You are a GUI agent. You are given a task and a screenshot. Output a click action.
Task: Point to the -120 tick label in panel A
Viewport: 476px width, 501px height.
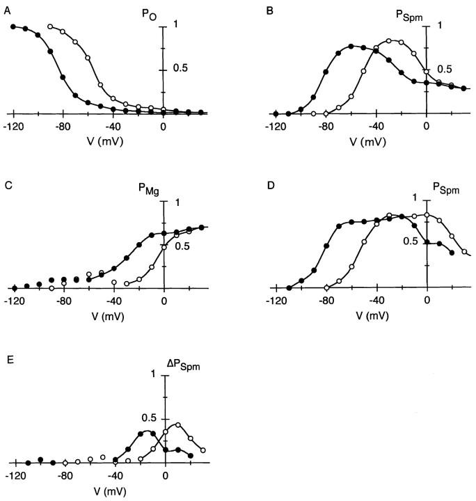12,127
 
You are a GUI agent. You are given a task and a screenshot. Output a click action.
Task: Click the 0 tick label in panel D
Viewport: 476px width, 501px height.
427,301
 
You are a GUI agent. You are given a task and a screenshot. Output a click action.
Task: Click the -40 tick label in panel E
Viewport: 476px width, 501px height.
113,476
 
